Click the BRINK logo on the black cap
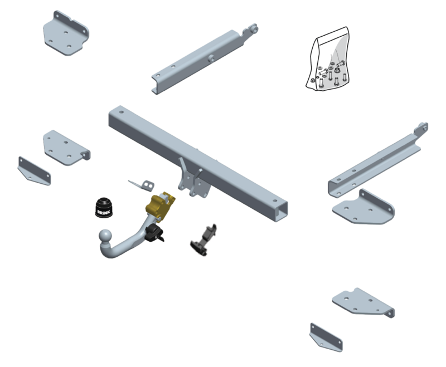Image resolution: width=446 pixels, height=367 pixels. click(103, 212)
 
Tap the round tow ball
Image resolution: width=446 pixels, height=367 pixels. click(105, 236)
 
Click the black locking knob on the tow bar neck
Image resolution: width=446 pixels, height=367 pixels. click(154, 233)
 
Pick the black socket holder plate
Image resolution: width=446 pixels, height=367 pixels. click(203, 241)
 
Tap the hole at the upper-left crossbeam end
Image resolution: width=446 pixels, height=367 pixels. click(121, 112)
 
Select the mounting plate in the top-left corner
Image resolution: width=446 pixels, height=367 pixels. click(66, 33)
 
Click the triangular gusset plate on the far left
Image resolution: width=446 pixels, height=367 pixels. click(34, 171)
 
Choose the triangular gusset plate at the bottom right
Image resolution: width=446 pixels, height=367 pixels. click(326, 337)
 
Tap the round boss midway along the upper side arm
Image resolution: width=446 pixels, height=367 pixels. click(211, 58)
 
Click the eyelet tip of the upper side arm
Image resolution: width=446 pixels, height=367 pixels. click(254, 30)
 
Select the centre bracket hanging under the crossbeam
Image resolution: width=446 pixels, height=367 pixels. click(192, 180)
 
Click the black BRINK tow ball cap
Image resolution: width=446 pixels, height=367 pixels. click(104, 208)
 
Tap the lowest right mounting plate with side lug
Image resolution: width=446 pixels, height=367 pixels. click(363, 303)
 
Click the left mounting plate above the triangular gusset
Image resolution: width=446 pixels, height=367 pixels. click(66, 148)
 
